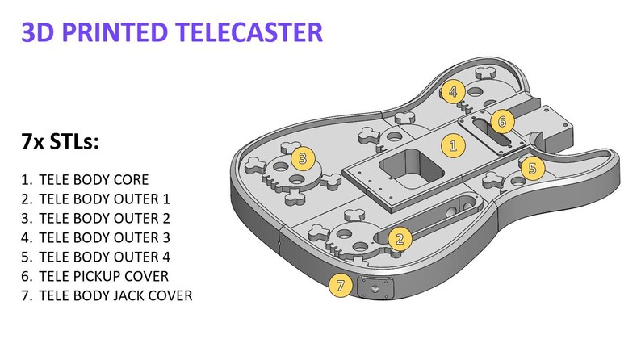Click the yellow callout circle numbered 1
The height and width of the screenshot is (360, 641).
point(453,146)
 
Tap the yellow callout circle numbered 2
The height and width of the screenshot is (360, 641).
point(399,238)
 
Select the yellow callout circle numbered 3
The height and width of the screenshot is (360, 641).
point(302,157)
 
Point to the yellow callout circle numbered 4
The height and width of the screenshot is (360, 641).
point(453,91)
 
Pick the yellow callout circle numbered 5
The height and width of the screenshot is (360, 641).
point(532,168)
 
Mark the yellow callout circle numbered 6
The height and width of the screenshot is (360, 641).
point(501,122)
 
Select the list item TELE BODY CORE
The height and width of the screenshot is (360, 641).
point(97,179)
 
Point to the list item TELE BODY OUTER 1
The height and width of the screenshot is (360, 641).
point(103,199)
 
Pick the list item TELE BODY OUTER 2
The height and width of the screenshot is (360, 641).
point(104,218)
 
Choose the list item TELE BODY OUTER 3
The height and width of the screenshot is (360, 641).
point(104,237)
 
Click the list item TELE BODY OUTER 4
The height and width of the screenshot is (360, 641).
point(104,257)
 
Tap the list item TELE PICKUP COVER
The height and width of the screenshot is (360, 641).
point(104,276)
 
